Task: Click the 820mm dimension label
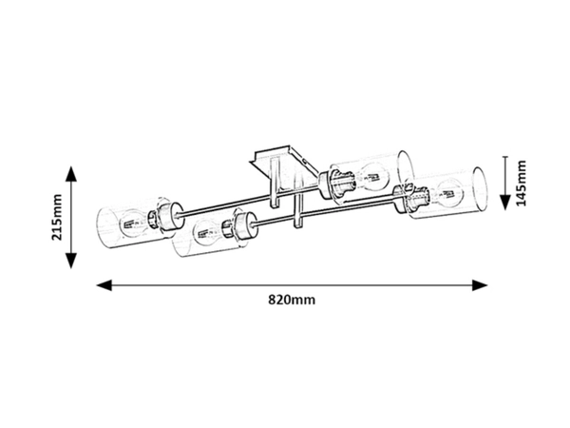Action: [292, 300]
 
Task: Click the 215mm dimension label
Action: [57, 218]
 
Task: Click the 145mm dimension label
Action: [522, 183]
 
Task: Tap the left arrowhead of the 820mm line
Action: [104, 285]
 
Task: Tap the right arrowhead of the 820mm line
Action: [480, 285]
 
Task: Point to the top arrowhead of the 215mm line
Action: [71, 174]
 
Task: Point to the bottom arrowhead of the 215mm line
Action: [71, 261]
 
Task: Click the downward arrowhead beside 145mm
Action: [505, 203]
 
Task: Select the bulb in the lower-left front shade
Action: [207, 233]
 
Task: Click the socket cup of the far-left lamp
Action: [169, 217]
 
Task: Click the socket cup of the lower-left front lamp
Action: [245, 226]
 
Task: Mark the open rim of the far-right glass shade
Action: [480, 189]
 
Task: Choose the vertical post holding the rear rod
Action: [275, 183]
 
